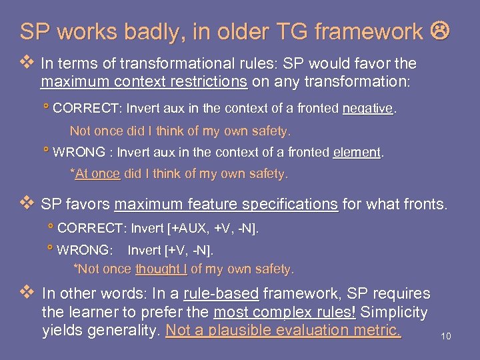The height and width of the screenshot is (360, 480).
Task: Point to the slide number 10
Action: point(446,337)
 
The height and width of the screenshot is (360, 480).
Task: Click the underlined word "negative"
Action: point(368,108)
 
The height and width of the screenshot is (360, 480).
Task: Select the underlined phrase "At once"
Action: point(97,174)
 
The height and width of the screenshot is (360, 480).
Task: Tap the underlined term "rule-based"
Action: point(221,293)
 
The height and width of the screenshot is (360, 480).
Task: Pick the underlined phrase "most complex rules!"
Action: point(285,312)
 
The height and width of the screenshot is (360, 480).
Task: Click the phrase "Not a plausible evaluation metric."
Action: point(283,331)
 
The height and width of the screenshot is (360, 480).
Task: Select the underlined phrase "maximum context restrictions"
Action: point(144,82)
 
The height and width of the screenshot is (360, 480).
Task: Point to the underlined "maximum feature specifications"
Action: point(226,204)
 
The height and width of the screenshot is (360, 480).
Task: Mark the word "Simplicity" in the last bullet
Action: point(394,312)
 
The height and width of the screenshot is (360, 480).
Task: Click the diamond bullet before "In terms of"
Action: point(27,63)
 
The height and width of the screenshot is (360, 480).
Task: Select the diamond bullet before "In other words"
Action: point(27,293)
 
